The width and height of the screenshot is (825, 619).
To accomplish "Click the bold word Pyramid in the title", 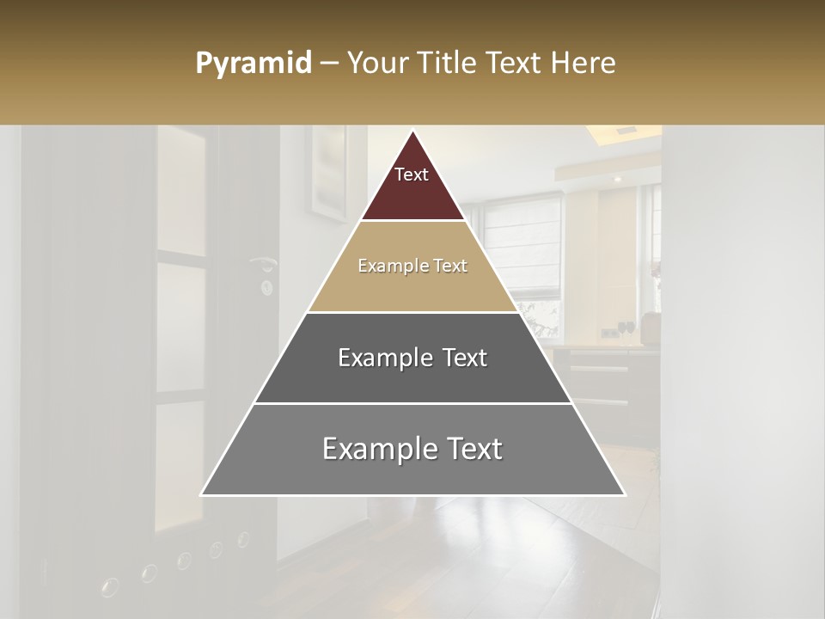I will coord(253,64).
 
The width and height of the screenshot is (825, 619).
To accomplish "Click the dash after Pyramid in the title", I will coord(328,64).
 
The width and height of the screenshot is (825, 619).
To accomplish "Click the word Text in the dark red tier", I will coord(412,175).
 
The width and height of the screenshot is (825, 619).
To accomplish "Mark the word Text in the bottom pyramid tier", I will coord(474,449).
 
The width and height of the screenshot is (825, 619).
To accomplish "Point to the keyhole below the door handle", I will coord(266,285).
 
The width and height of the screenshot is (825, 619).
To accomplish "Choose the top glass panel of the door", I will coord(180,193).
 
